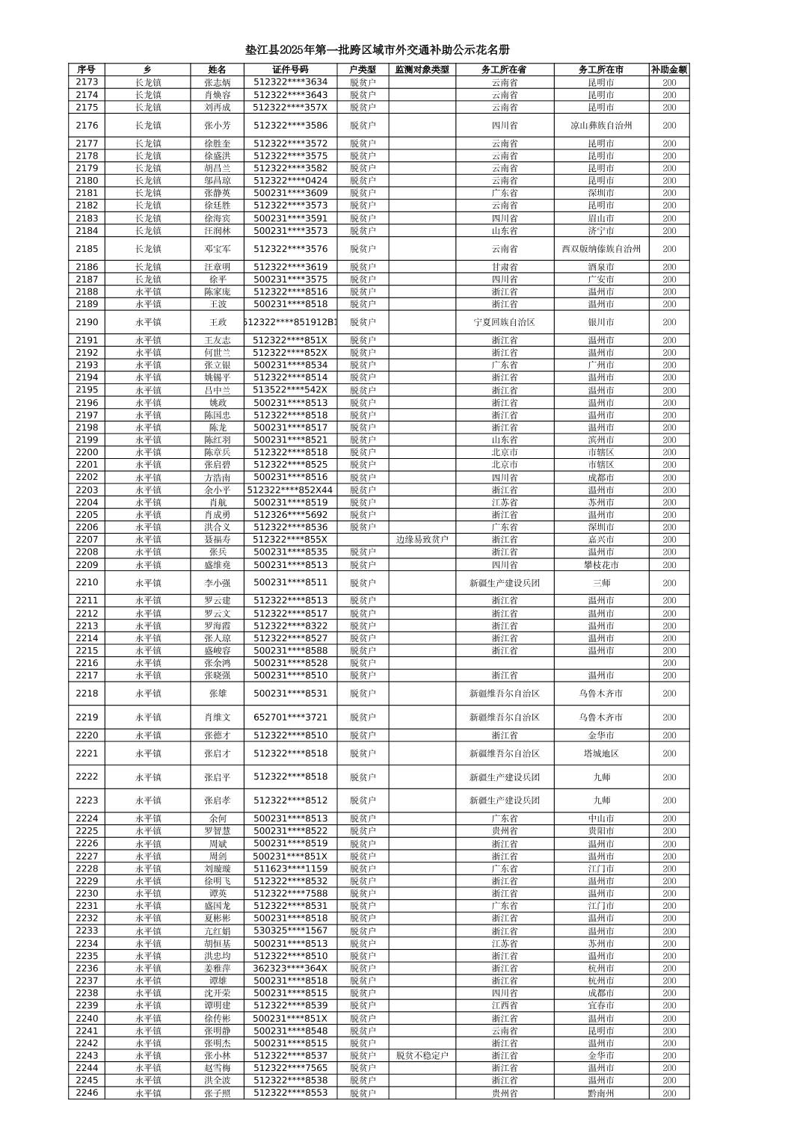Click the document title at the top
coord(378,50)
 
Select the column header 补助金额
coord(668,70)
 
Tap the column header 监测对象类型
coord(422,70)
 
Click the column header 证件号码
coord(290,70)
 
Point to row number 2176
coord(87,126)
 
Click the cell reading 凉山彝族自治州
coord(601,126)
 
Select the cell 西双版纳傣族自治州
coord(601,249)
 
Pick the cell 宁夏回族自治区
coord(505,322)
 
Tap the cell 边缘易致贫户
coord(422,540)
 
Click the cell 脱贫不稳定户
coord(422,1056)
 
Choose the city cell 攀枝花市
coord(601,565)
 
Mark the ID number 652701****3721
coord(290,717)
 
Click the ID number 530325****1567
coord(290,931)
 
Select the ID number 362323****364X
coord(290,969)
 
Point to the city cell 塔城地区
coord(601,754)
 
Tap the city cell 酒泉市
coord(601,267)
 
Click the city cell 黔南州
coord(601,1093)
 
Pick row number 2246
coord(87,1093)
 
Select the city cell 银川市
coord(601,322)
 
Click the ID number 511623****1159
coord(290,869)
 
